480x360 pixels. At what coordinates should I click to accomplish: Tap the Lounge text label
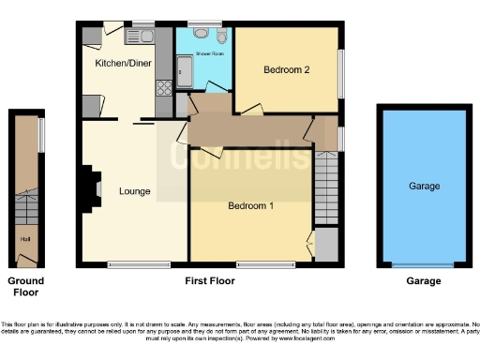135,192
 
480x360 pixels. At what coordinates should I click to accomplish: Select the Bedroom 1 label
250,205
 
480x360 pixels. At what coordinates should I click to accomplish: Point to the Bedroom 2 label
286,68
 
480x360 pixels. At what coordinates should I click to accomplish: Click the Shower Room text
209,53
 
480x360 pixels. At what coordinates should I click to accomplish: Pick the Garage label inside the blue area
424,186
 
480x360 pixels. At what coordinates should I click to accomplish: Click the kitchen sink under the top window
142,36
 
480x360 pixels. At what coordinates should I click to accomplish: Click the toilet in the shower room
221,36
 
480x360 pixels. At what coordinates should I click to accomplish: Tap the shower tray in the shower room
184,72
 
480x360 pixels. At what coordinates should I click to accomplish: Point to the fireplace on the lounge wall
93,186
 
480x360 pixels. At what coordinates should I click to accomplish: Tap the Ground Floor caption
25,286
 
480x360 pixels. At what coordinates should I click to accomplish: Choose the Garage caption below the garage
423,280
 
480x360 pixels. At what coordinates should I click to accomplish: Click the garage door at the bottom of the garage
423,265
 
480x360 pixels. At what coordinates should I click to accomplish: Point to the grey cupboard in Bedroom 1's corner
325,246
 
